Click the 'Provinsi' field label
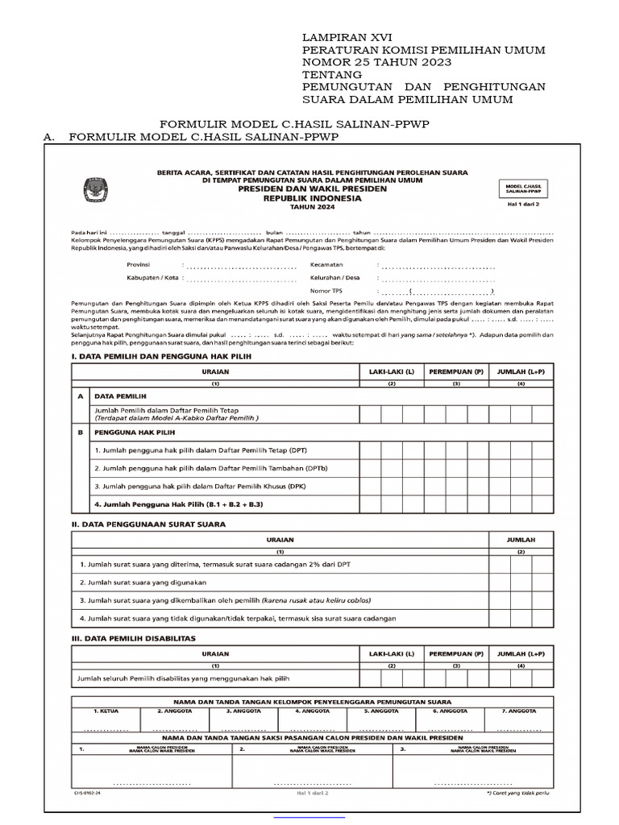click(143, 263)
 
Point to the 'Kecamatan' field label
click(329, 263)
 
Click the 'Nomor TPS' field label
click(327, 290)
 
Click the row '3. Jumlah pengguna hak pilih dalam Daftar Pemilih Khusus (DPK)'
click(200, 487)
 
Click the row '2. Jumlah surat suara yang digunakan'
click(139, 581)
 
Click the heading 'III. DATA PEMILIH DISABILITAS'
click(134, 637)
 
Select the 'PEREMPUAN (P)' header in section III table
click(455, 653)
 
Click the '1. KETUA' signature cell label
click(106, 711)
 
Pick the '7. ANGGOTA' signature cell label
click(520, 711)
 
